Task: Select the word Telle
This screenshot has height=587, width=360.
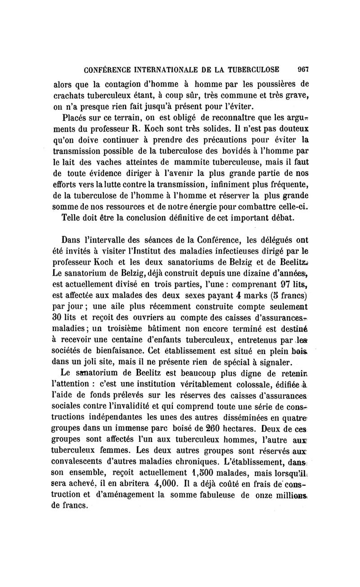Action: coord(71,218)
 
